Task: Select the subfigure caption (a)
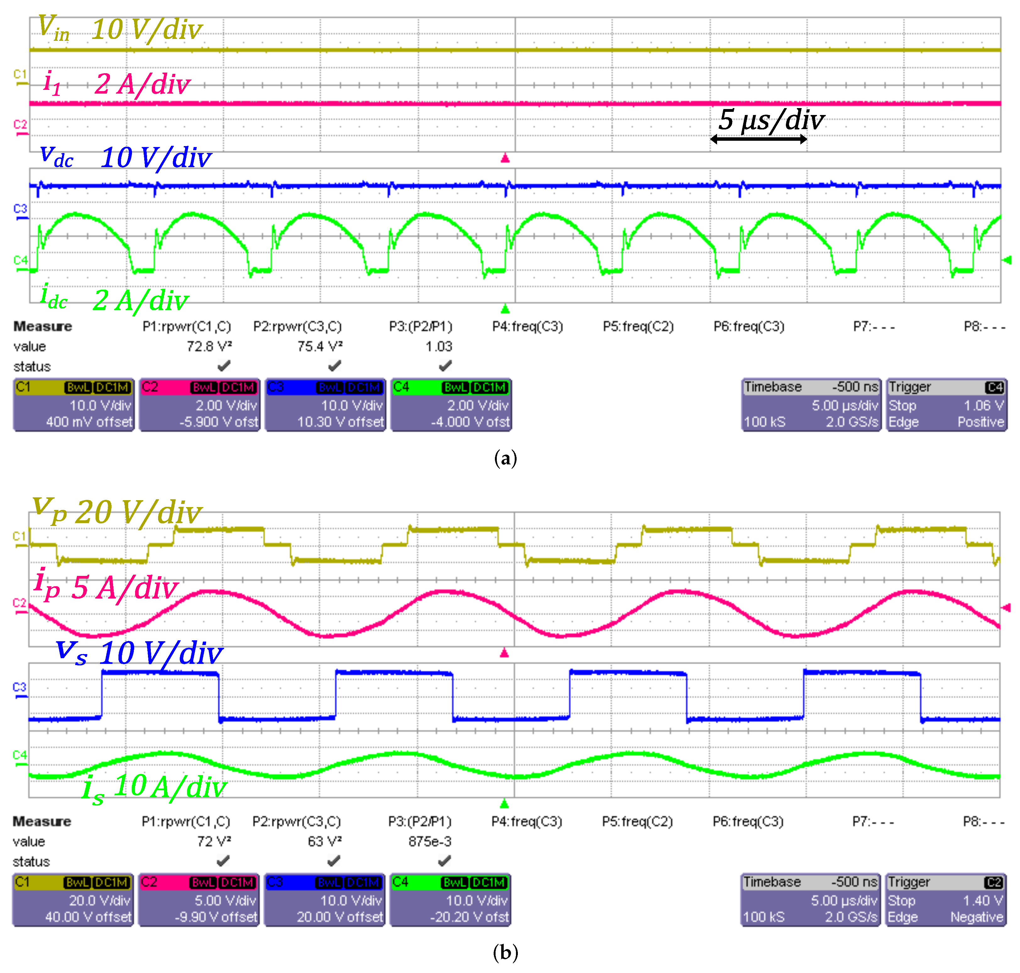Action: pyautogui.click(x=505, y=458)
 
